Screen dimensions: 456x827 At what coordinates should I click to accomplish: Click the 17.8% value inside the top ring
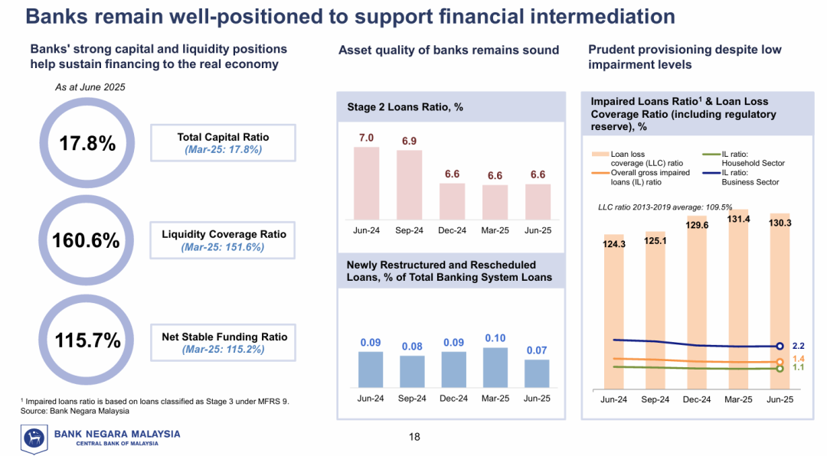click(87, 143)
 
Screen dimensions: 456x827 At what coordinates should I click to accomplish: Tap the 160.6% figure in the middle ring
click(86, 240)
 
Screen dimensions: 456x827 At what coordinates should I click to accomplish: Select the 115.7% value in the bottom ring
click(87, 340)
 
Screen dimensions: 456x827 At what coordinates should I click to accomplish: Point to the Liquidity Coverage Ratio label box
click(223, 240)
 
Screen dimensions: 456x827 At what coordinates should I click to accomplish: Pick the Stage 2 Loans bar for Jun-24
click(366, 183)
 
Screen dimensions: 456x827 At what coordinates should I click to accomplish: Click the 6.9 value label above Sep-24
click(410, 142)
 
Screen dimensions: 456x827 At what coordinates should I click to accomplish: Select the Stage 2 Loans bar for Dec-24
click(453, 201)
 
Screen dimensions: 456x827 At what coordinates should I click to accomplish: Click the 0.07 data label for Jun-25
click(537, 350)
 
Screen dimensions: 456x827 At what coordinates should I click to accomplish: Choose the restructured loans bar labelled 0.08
click(412, 372)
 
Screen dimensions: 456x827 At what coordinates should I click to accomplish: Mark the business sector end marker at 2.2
click(780, 347)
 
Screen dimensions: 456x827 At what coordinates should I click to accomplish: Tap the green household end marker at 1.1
click(780, 369)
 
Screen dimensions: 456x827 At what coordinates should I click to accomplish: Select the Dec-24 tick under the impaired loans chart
click(697, 399)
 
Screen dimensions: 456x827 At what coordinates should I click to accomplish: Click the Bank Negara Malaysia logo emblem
click(34, 438)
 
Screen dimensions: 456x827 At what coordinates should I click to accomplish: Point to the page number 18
click(414, 438)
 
